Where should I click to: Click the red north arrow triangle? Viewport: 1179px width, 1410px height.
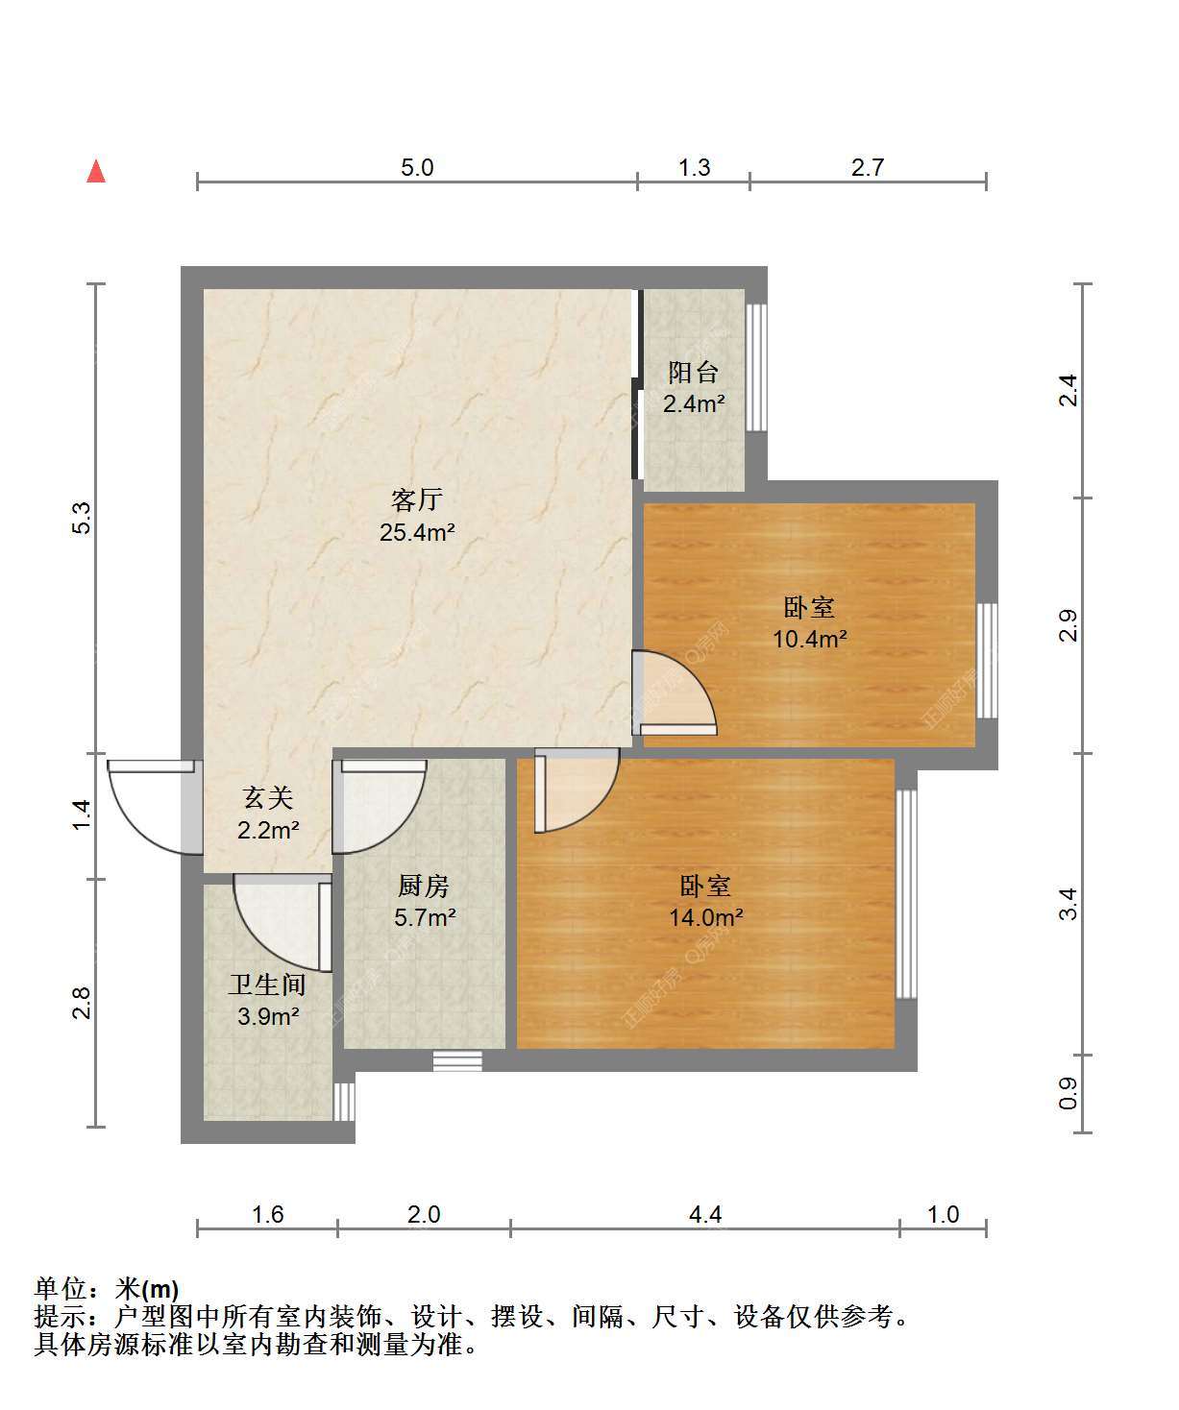click(96, 171)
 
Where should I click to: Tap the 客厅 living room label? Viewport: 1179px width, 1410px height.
click(417, 499)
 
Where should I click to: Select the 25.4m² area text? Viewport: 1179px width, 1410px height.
click(417, 532)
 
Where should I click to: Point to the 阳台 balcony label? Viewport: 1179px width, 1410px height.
click(693, 372)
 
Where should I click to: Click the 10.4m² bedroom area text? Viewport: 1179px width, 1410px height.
click(809, 638)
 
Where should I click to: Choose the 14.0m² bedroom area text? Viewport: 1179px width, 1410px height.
click(706, 917)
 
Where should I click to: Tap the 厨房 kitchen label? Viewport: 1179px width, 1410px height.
click(424, 886)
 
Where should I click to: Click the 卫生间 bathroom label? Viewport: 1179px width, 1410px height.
click(267, 985)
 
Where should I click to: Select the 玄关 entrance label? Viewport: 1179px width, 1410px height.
click(268, 798)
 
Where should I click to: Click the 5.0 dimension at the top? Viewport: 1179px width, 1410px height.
click(417, 167)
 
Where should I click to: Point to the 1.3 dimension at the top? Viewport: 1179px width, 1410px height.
click(694, 167)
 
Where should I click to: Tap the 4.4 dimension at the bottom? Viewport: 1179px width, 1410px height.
click(705, 1214)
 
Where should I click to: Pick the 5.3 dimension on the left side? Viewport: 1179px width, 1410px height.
click(81, 518)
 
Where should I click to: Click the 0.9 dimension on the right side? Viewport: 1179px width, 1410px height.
click(1068, 1093)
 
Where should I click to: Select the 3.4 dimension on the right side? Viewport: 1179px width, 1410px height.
click(1068, 904)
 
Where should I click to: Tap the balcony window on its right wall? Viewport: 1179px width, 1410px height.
click(756, 367)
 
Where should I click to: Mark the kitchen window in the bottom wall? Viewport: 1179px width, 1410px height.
click(457, 1061)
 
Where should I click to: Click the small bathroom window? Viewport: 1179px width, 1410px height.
click(344, 1102)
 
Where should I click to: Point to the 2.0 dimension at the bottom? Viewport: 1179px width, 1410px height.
click(424, 1214)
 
